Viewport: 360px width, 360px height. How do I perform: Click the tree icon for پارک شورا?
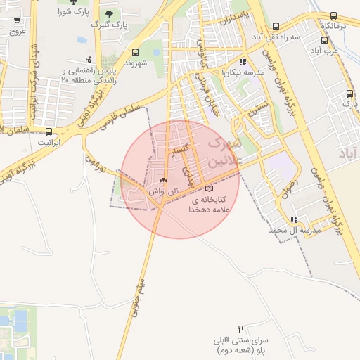point(72,2)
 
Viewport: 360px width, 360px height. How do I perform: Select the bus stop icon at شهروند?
point(135,51)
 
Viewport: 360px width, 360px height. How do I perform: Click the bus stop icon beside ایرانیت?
point(49,131)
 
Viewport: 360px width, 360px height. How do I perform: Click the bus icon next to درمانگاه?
point(333,15)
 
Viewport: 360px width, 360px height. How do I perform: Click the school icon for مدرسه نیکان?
point(243,62)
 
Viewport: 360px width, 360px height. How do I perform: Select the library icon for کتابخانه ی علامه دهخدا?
point(208,188)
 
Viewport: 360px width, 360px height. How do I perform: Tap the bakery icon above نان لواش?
point(165,180)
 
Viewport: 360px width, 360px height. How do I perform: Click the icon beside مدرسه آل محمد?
point(293,219)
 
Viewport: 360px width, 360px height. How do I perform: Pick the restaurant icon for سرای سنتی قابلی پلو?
point(241,329)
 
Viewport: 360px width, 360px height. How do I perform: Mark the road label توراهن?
point(95,165)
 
